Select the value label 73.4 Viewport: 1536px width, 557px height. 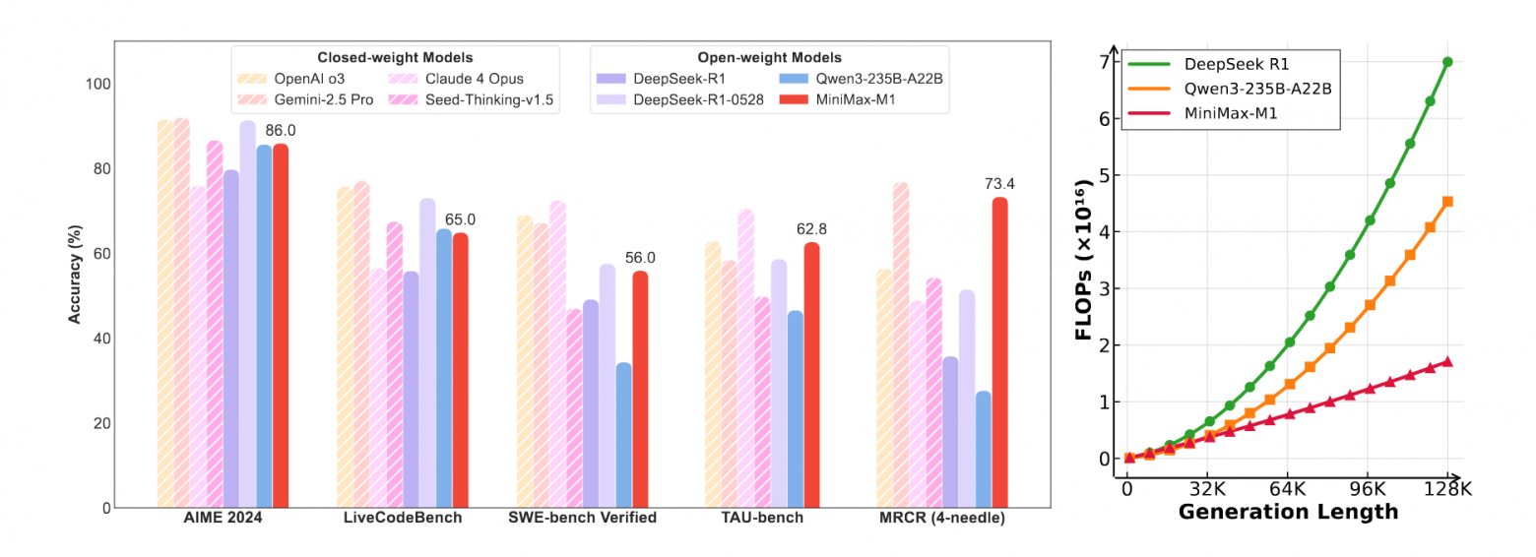(999, 183)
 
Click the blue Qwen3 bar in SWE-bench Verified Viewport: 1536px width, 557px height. (623, 435)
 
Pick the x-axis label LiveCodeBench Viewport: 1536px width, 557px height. (403, 518)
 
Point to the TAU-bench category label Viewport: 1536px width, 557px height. (761, 518)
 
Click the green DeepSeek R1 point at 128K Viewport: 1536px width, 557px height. (1447, 61)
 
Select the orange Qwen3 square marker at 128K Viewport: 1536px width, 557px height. (1447, 202)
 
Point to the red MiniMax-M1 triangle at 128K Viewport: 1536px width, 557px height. (1447, 361)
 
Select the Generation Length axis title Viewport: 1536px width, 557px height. (1288, 512)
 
